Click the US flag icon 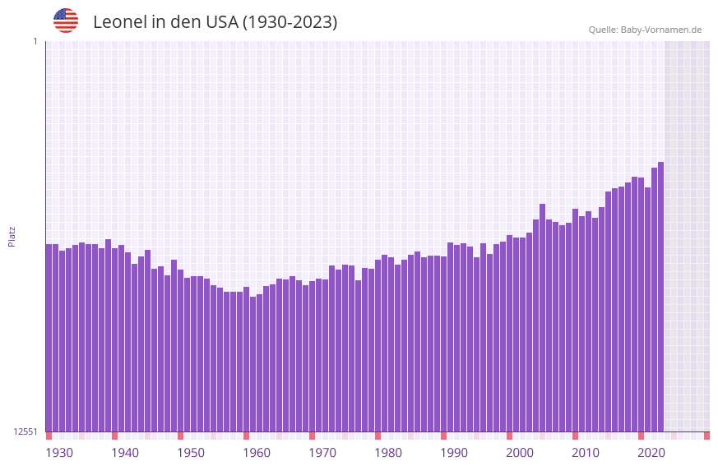[66, 21]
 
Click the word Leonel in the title [119, 22]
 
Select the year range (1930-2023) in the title [290, 22]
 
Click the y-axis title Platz [12, 236]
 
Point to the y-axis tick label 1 [35, 41]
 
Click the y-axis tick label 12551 [25, 431]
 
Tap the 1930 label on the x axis [59, 453]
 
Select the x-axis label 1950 [191, 453]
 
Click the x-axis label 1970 [322, 453]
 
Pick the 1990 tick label [454, 453]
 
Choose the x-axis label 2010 [586, 453]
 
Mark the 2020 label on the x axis [651, 453]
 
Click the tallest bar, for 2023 [660, 296]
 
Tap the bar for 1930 [49, 337]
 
